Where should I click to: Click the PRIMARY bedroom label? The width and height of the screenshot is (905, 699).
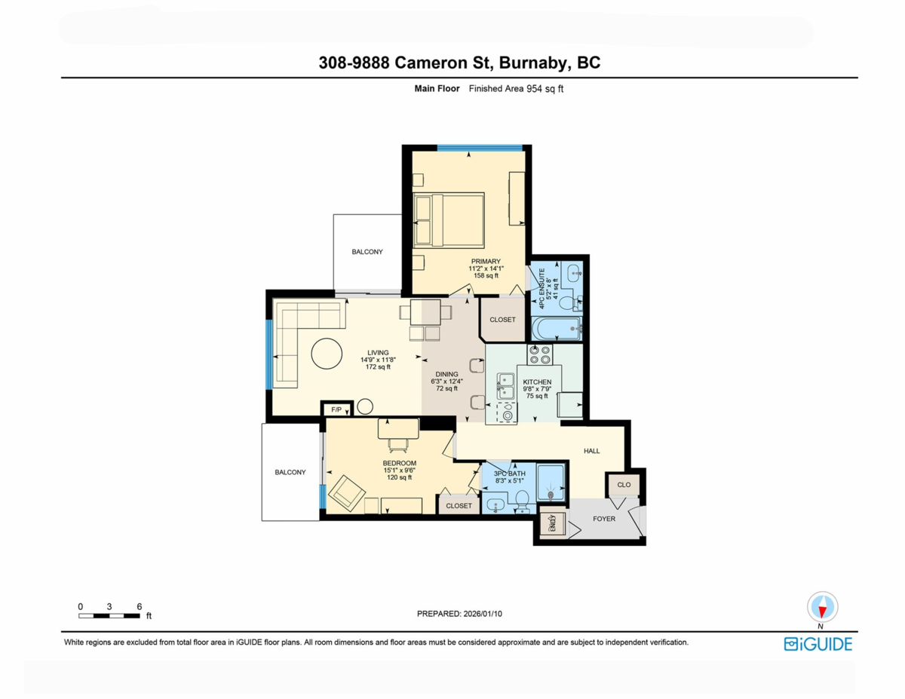486,262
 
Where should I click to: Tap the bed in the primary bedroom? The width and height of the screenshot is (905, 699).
449,220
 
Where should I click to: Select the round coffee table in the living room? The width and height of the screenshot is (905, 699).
327,354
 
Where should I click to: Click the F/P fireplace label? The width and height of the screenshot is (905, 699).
336,409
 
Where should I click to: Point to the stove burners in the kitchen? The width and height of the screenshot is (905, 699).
540,354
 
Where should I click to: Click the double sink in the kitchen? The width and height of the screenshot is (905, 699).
506,386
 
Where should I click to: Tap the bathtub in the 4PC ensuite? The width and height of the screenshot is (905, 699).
557,329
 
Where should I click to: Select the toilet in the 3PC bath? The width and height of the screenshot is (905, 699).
522,501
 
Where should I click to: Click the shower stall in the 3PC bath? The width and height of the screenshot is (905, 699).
551,483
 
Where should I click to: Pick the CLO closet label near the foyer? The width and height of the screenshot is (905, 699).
624,485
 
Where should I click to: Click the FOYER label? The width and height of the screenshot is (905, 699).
604,519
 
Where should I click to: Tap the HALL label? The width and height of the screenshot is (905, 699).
591,451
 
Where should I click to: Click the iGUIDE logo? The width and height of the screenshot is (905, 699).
818,644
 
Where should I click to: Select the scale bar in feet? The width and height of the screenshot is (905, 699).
109,616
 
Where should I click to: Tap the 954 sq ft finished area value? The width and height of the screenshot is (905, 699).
545,89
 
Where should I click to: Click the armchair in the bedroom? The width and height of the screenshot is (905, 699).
346,493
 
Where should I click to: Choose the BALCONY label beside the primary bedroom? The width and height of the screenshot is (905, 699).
367,252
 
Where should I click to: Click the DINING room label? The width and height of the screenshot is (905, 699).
446,374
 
